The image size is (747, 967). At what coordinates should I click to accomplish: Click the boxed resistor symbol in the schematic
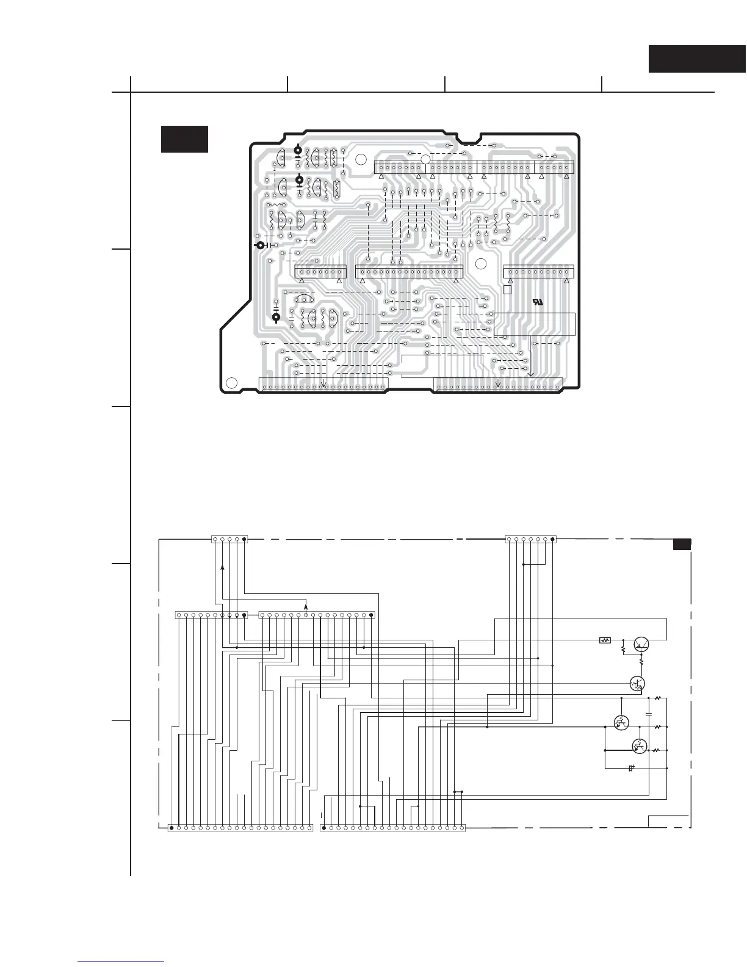(605, 640)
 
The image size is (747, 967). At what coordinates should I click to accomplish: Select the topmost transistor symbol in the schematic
(641, 643)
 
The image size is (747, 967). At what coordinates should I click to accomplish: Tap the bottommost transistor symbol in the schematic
(639, 745)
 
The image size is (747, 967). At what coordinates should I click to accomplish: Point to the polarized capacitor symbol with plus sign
(631, 768)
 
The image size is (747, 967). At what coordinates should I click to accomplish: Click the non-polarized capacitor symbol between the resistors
(649, 713)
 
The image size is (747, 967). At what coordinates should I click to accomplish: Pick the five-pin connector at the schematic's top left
(229, 539)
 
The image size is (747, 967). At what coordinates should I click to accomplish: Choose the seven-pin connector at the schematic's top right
(531, 539)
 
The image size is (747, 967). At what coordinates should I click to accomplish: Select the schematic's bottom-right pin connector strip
(392, 828)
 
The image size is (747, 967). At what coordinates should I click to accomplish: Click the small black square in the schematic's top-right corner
(682, 545)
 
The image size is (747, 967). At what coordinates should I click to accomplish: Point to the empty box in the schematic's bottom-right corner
(668, 821)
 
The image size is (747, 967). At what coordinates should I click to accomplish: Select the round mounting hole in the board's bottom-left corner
(231, 383)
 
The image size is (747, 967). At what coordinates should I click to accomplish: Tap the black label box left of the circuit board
(184, 139)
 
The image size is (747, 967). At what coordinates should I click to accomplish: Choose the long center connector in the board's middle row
(409, 272)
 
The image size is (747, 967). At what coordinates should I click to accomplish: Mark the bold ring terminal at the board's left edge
(260, 245)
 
